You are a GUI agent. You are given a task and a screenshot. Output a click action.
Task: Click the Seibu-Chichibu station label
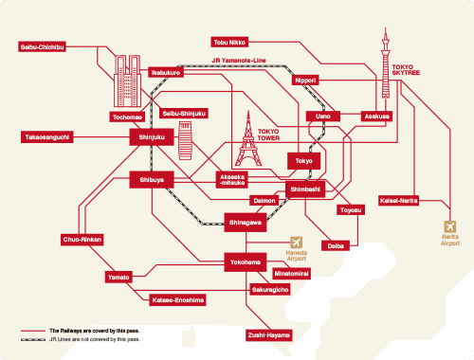pos(45,45)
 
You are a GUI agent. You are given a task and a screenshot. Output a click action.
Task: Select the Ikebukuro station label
pos(166,72)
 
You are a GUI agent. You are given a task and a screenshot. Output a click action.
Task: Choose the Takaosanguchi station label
pos(46,136)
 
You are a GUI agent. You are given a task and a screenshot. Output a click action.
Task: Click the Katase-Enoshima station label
pos(177,300)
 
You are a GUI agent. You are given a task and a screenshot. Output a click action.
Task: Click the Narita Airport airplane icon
pos(449,227)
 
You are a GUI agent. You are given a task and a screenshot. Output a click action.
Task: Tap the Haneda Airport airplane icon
pos(298,243)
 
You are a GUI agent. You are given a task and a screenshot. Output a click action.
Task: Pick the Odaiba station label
pos(334,245)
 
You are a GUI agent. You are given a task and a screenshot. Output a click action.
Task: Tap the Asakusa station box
pos(377,117)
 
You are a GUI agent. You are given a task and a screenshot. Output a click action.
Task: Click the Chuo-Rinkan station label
pos(82,240)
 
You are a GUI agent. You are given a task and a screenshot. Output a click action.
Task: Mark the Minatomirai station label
pos(291,273)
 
